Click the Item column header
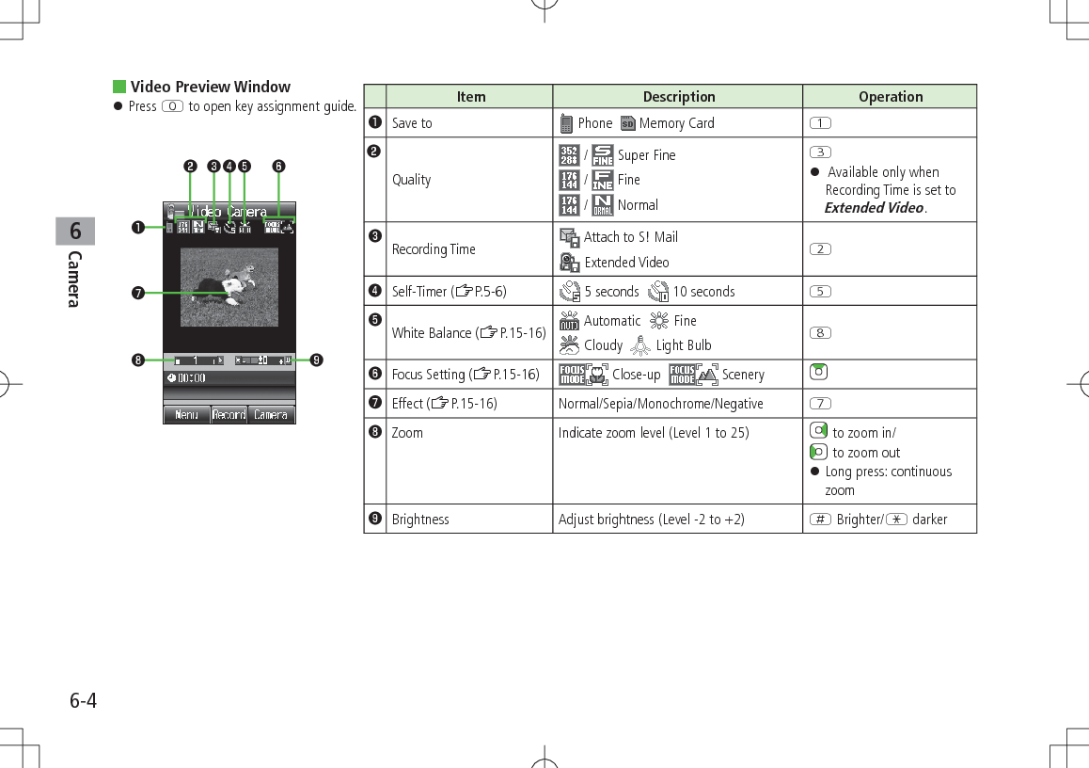pyautogui.click(x=470, y=97)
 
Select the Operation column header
pyautogui.click(x=890, y=97)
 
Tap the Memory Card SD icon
pyautogui.click(x=628, y=123)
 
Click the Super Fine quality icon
pyautogui.click(x=602, y=154)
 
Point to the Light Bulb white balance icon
pyautogui.click(x=641, y=345)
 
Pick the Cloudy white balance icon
pyautogui.click(x=569, y=345)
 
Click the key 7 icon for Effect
pyautogui.click(x=817, y=404)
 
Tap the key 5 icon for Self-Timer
pyautogui.click(x=817, y=291)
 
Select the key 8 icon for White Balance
pyautogui.click(x=817, y=332)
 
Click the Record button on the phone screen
pyautogui.click(x=229, y=414)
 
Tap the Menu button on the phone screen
pyautogui.click(x=186, y=414)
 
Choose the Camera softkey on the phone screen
pyautogui.click(x=271, y=414)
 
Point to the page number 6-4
pyautogui.click(x=83, y=701)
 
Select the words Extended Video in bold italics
pyautogui.click(x=874, y=208)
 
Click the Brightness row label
pyautogui.click(x=420, y=520)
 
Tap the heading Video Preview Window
pyautogui.click(x=210, y=87)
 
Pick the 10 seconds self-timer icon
pyautogui.click(x=658, y=292)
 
